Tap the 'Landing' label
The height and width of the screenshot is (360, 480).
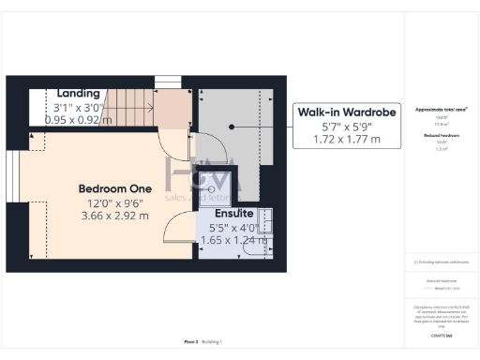click(79, 94)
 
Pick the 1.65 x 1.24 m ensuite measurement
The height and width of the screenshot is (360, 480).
click(234, 240)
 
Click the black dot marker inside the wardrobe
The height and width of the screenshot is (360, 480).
click(232, 126)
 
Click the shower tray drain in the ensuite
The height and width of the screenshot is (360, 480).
click(224, 187)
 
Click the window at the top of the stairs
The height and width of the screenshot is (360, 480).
click(167, 82)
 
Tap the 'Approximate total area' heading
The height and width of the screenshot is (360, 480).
click(440, 110)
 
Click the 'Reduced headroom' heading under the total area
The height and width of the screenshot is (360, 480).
click(440, 135)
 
